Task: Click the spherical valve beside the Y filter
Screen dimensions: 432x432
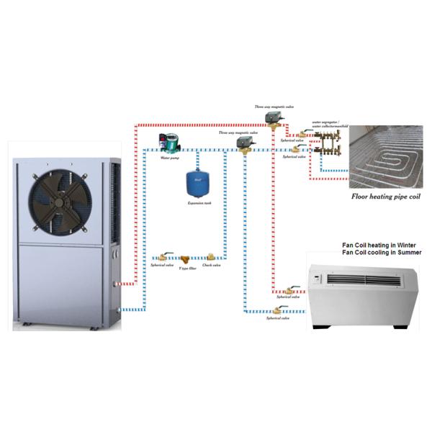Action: [163, 256]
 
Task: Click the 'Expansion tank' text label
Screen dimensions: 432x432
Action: [194, 204]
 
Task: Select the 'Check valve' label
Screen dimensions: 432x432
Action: [211, 266]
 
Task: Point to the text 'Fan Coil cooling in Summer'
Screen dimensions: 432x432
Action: [381, 253]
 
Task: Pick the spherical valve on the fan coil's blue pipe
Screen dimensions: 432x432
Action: [274, 310]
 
